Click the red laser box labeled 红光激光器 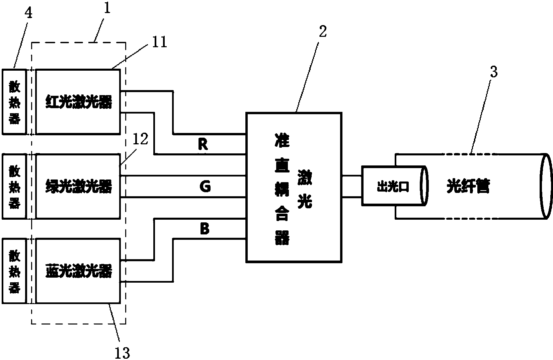[78, 102]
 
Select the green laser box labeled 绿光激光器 [78, 186]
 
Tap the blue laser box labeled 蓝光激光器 [78, 271]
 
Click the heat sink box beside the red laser [14, 102]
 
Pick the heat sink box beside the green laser [14, 186]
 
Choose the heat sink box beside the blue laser [14, 271]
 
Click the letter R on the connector [203, 144]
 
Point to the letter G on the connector [205, 187]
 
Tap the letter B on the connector [204, 229]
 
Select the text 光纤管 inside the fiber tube [468, 186]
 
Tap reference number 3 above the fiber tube [494, 72]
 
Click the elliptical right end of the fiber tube [546, 186]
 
